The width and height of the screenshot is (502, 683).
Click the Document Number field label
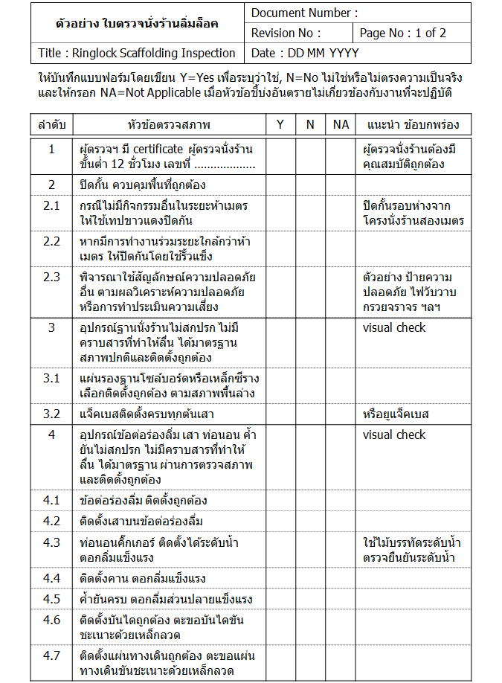click(x=304, y=13)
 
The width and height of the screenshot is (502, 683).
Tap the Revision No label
click(x=286, y=33)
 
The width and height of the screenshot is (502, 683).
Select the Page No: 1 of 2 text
click(x=402, y=33)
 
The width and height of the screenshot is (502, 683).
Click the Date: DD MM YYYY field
click(x=305, y=53)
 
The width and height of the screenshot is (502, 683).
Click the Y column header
click(x=280, y=124)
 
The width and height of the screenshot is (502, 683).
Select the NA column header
click(x=341, y=124)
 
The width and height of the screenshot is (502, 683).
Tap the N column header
click(x=310, y=124)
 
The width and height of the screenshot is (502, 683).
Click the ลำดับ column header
click(x=51, y=124)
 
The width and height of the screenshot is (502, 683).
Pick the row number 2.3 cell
click(x=51, y=278)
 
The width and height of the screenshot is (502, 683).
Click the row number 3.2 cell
click(x=51, y=414)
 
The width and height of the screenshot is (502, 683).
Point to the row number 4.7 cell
click(x=51, y=655)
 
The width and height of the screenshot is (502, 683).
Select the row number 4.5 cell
click(x=51, y=599)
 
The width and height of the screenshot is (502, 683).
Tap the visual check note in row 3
click(x=394, y=327)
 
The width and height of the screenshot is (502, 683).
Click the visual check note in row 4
click(x=394, y=435)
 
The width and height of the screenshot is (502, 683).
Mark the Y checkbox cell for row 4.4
click(x=280, y=578)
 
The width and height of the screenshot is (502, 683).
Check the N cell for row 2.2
click(x=310, y=248)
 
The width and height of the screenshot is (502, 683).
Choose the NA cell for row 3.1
click(x=341, y=385)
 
